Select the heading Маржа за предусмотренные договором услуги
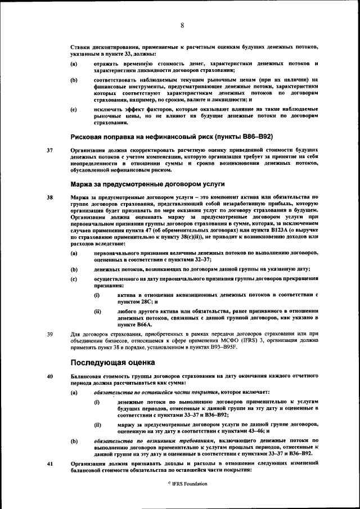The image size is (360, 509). pos(147,184)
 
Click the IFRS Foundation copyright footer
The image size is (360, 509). pos(179,484)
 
